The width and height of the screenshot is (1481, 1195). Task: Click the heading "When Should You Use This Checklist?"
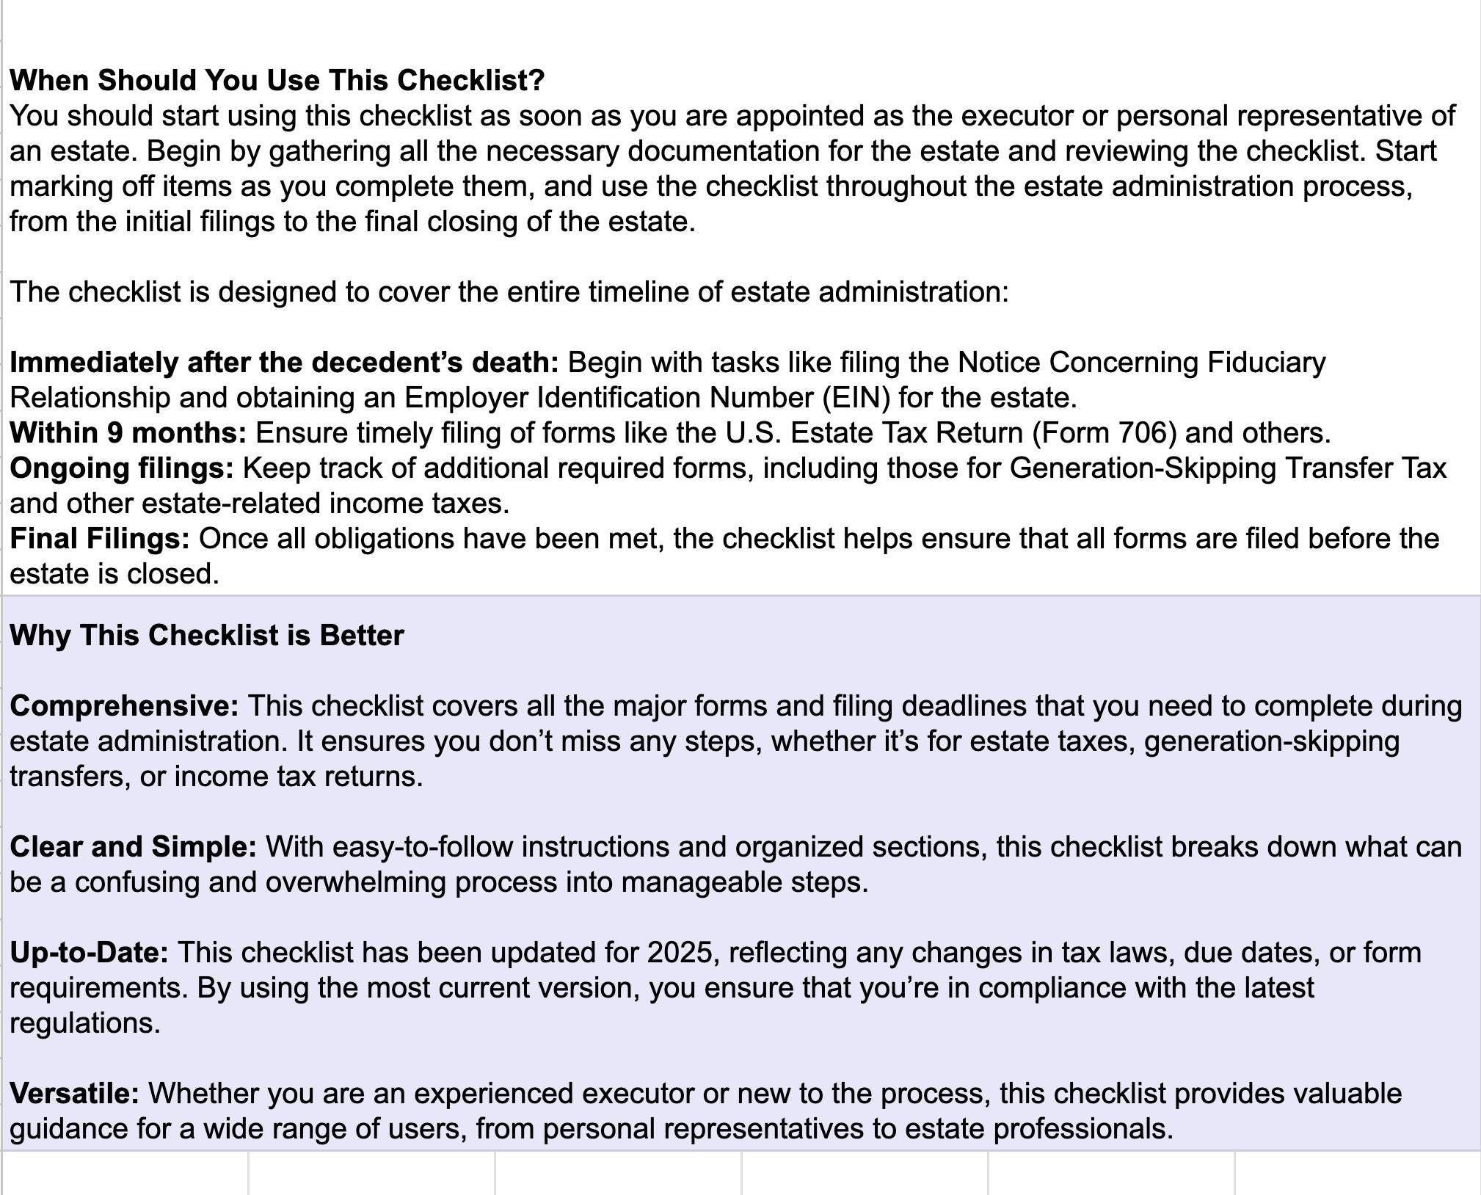click(277, 80)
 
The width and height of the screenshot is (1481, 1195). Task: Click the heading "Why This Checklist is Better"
click(206, 635)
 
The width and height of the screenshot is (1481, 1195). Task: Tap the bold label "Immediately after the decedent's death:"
click(284, 362)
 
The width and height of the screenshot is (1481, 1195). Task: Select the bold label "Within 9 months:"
click(128, 432)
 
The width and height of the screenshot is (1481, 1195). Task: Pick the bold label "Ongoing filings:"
click(121, 468)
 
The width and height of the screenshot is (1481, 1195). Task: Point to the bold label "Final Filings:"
click(99, 538)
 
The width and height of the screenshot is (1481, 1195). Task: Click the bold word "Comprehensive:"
click(124, 705)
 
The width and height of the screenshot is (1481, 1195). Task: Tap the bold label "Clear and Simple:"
click(133, 846)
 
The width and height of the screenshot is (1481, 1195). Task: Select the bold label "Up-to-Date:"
click(89, 952)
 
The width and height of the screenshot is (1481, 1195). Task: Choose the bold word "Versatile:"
click(74, 1093)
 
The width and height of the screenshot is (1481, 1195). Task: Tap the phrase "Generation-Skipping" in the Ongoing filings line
click(1143, 468)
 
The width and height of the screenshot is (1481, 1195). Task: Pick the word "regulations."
click(84, 1023)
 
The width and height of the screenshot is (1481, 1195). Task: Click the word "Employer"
click(466, 397)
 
